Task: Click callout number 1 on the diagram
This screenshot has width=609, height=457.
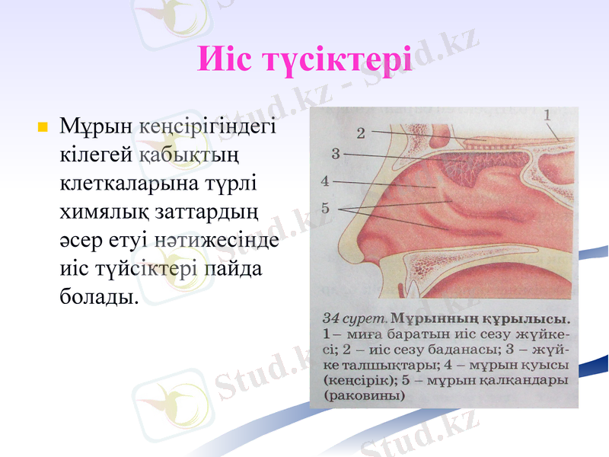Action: click(x=547, y=115)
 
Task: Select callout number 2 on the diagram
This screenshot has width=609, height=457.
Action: click(x=361, y=133)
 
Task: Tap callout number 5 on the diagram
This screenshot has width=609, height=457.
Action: click(x=325, y=207)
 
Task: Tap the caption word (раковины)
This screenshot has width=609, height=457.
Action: click(x=364, y=396)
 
